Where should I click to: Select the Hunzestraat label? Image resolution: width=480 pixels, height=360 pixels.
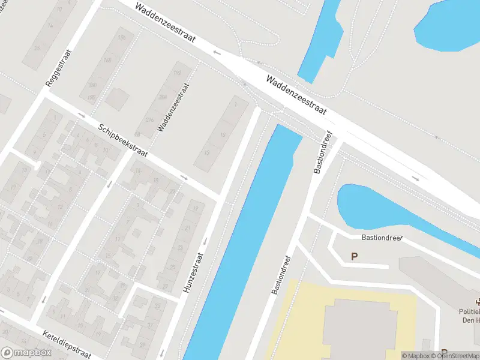(193, 274)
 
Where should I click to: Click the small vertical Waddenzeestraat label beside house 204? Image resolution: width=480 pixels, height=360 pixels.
(173, 108)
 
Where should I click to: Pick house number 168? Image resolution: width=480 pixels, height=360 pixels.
(108, 61)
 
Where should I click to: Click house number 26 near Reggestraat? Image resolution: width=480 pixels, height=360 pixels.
(37, 48)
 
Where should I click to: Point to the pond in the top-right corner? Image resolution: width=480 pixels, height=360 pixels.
(450, 24)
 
